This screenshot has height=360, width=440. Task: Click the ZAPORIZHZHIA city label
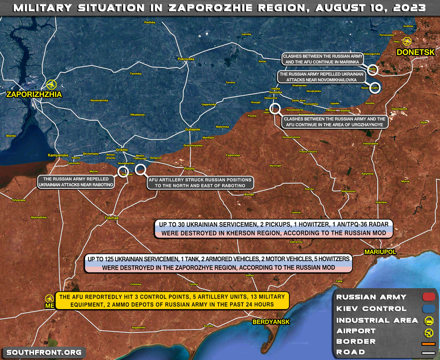click(x=34, y=95)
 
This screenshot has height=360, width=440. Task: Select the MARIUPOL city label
click(x=380, y=252)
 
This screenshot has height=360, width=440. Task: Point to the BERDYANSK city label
click(x=271, y=322)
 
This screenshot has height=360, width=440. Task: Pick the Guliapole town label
click(x=192, y=129)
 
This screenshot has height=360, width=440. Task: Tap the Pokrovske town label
click(x=186, y=59)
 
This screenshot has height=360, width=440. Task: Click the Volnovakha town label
click(x=370, y=143)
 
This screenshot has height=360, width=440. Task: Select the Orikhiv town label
click(x=121, y=150)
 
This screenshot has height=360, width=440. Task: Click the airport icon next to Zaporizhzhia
click(x=51, y=85)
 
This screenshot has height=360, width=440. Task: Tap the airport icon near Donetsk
click(x=407, y=41)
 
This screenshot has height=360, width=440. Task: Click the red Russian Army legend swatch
click(x=428, y=297)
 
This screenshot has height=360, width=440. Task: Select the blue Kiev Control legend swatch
click(x=428, y=308)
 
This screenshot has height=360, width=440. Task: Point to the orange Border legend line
click(x=428, y=344)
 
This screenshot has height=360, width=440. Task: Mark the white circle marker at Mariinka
click(x=373, y=69)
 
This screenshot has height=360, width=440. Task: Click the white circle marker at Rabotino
click(x=122, y=171)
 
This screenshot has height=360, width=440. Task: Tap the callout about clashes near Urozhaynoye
click(x=334, y=122)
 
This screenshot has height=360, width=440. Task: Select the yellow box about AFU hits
click(x=172, y=301)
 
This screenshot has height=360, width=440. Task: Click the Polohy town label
click(x=189, y=169)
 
